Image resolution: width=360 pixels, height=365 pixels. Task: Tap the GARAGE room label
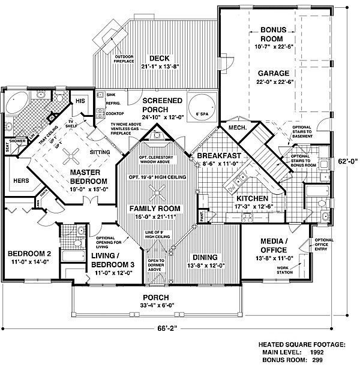pos(274,74)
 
